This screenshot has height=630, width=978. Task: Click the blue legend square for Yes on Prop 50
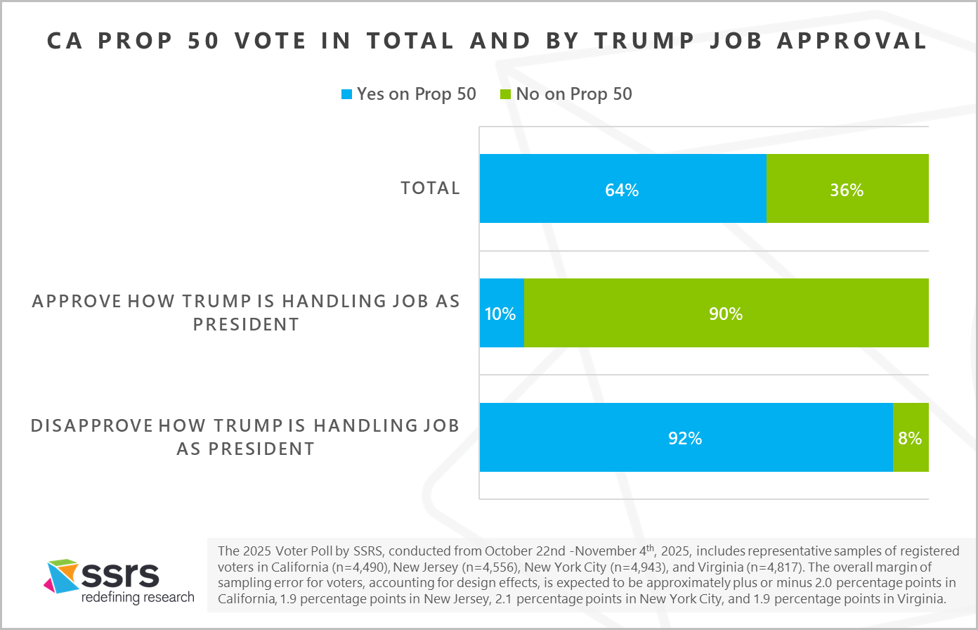pos(346,94)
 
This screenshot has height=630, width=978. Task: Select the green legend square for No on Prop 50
pos(505,94)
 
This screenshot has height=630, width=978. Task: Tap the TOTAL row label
pos(430,188)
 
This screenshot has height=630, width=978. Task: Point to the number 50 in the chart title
pos(204,41)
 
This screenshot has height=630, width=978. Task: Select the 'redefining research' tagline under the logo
pos(138,598)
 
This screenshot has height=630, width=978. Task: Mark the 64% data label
pos(622,190)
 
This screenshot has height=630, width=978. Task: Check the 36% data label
pos(847,190)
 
